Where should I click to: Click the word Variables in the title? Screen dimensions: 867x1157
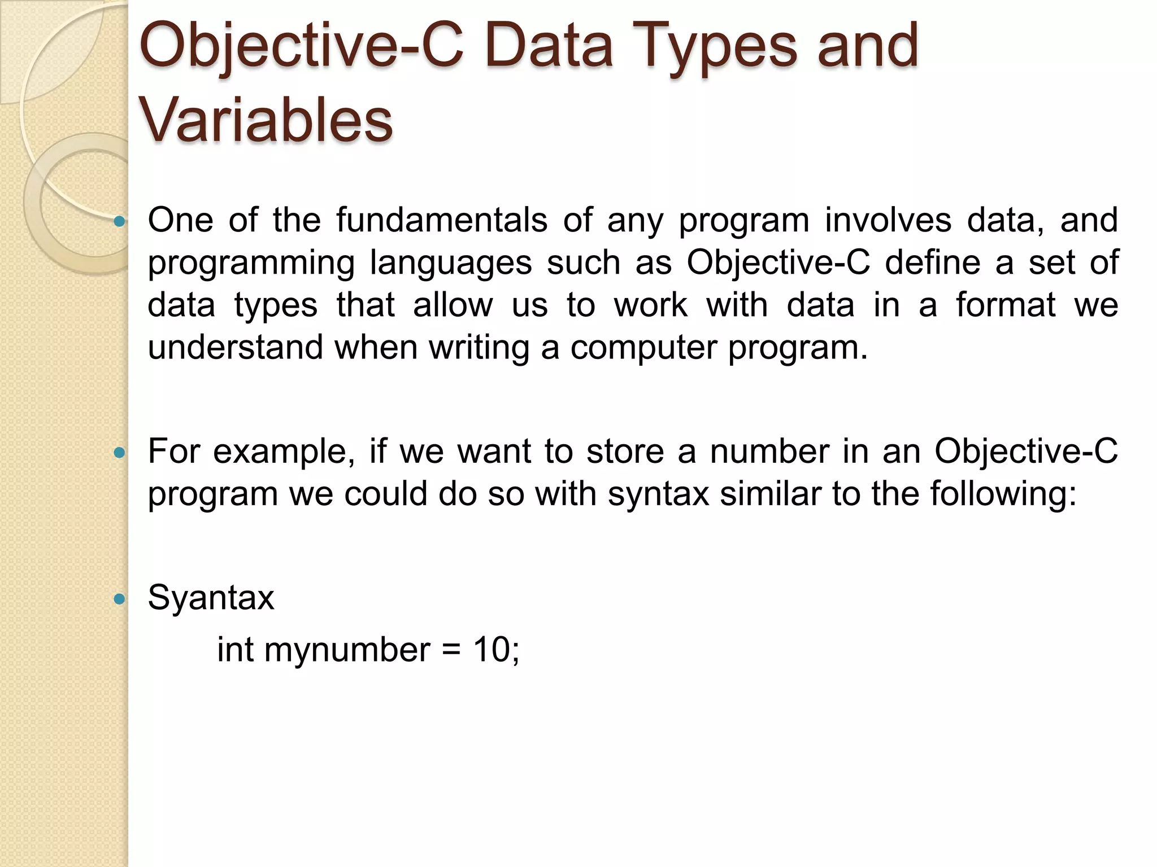point(266,120)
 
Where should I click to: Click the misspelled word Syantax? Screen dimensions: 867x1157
point(211,597)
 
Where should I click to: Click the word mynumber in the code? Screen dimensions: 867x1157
point(347,650)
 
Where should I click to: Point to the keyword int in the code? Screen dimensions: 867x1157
point(236,649)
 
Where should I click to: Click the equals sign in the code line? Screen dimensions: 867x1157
point(451,650)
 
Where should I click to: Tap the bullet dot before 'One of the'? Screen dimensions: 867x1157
point(119,222)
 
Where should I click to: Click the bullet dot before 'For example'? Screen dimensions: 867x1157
point(119,453)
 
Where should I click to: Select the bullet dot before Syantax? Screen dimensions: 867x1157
point(119,599)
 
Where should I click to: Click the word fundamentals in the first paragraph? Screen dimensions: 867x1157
point(442,220)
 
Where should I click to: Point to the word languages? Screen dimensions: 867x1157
point(451,263)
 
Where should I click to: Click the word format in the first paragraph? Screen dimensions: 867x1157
point(1006,305)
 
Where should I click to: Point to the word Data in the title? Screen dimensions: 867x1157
point(549,46)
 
